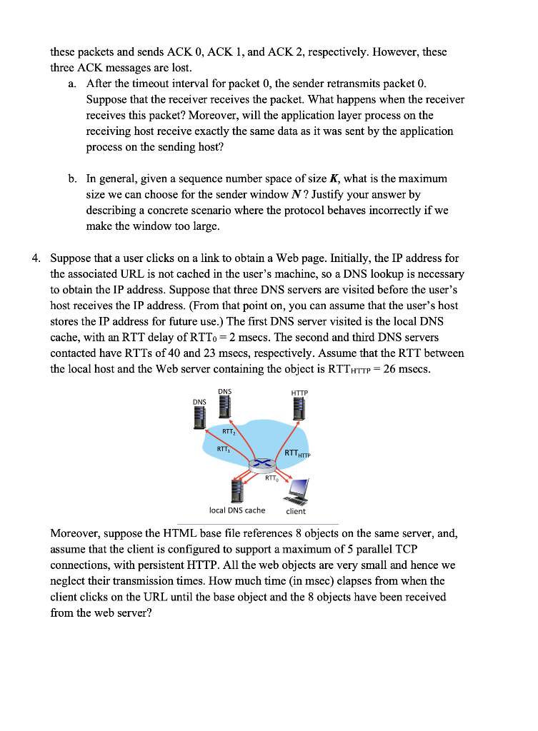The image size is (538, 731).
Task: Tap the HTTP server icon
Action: (x=298, y=412)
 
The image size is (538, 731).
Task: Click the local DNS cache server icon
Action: (x=236, y=490)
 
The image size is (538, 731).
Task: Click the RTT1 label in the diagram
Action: (x=223, y=449)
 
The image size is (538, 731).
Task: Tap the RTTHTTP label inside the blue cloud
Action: (x=299, y=453)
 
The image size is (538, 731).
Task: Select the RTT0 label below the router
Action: (x=271, y=479)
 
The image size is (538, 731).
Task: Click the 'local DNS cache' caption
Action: (x=236, y=510)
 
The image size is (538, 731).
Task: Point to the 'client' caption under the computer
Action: (x=296, y=511)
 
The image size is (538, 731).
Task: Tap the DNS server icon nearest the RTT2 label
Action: (x=225, y=408)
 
